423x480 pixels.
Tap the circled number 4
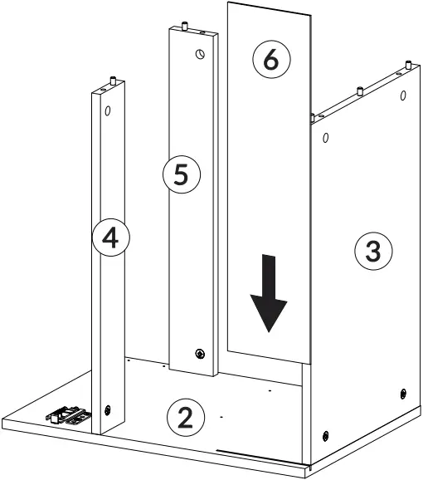(x=109, y=238)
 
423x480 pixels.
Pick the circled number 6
(x=271, y=60)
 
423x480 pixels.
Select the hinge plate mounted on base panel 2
(x=69, y=414)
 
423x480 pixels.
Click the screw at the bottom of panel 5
(x=198, y=354)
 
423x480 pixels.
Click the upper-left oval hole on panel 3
(x=325, y=137)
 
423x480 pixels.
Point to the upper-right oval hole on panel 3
(x=402, y=96)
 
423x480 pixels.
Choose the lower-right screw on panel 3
(x=403, y=392)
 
